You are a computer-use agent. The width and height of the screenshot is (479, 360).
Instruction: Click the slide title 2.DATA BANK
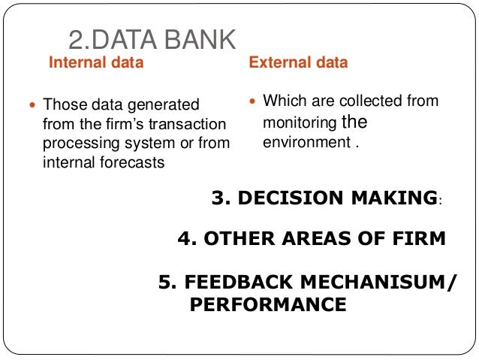(152, 39)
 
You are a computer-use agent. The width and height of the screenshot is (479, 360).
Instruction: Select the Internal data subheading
(96, 63)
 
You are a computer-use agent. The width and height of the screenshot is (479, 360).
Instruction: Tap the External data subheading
(298, 63)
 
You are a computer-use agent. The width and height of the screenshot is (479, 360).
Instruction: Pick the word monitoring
(300, 122)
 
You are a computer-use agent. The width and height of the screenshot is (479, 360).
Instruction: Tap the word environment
(304, 141)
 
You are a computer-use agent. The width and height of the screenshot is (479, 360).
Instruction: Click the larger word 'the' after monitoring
(354, 121)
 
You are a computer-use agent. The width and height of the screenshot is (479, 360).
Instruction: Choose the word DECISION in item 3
(287, 198)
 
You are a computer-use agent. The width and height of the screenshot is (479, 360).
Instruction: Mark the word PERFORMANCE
(268, 304)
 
